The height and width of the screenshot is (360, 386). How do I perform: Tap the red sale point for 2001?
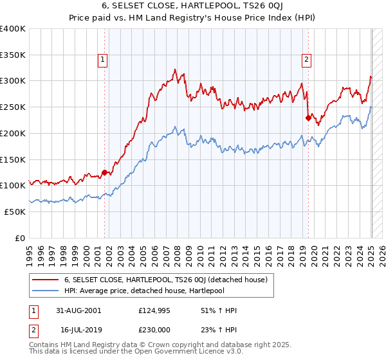(x=104, y=172)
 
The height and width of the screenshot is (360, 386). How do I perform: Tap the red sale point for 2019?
(x=308, y=117)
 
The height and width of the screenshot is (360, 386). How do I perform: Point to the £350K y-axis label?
(x=13, y=55)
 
